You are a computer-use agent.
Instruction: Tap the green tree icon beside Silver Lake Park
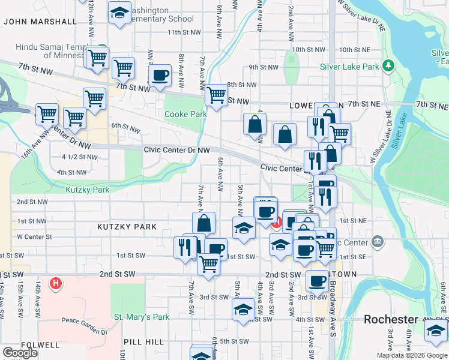pyautogui.click(x=389, y=65)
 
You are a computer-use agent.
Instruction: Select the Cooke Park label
pyautogui.click(x=185, y=114)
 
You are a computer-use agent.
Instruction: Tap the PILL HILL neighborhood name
pyautogui.click(x=143, y=341)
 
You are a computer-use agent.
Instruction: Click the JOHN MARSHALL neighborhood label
pyautogui.click(x=40, y=22)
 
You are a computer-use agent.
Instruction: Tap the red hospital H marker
pyautogui.click(x=56, y=283)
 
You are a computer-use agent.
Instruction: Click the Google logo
pyautogui.click(x=20, y=353)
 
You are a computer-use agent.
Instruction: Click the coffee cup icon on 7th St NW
pyautogui.click(x=160, y=76)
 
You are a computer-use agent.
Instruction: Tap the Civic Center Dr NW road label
pyautogui.click(x=177, y=150)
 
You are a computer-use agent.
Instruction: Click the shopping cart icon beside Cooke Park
pyautogui.click(x=215, y=95)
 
